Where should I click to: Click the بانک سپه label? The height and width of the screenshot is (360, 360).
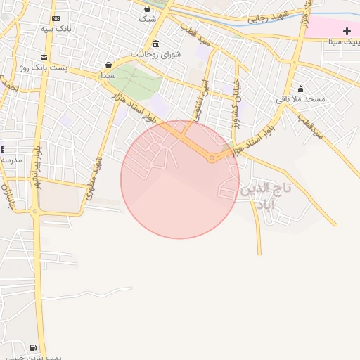pos(56,29)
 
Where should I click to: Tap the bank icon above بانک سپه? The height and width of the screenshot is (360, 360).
pos(56,18)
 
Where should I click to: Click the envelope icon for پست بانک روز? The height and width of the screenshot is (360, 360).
pos(44,58)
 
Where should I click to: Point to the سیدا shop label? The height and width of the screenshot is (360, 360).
pos(108,74)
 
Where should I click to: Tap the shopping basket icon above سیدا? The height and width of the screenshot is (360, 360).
pos(108,65)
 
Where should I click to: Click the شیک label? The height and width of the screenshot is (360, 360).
pos(147,19)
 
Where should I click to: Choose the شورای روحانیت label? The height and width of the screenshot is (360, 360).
pos(156,53)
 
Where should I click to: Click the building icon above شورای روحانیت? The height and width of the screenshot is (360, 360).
pos(155,44)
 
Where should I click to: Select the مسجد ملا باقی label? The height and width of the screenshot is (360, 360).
pos(300,99)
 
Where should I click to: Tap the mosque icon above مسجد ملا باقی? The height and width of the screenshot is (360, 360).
pos(301,89)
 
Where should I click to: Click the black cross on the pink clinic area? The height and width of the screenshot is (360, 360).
pos(347,31)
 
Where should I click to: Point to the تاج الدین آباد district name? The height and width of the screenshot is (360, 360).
pos(264,196)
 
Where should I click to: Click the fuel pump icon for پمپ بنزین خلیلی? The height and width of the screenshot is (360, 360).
pos(33,347)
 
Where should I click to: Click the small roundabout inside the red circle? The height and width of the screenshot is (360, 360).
pos(211,158)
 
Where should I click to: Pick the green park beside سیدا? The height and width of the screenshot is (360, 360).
pos(135,84)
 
